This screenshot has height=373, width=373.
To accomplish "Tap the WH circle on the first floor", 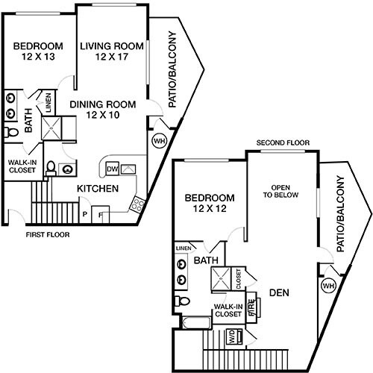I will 159,140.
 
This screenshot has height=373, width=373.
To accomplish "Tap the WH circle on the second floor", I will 328,285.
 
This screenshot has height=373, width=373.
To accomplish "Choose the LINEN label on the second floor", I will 183,248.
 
